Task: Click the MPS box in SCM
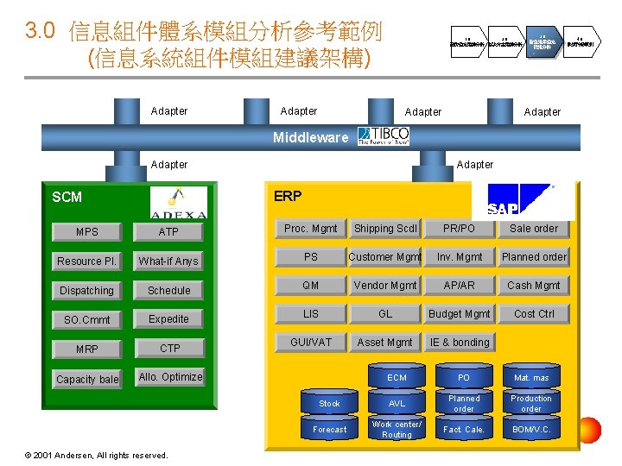[x=86, y=231]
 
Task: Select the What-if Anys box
[x=168, y=261]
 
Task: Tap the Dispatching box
[x=86, y=291]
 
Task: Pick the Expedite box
[x=168, y=318]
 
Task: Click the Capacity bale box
[x=86, y=379]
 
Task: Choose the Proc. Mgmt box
[x=310, y=229]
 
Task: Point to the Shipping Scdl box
[x=384, y=229]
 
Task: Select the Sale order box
[x=533, y=229]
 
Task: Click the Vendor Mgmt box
[x=384, y=286]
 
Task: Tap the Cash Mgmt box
[x=533, y=286]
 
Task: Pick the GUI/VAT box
[x=310, y=342]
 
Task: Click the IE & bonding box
[x=459, y=343]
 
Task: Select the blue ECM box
[x=397, y=378]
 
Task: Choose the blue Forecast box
[x=329, y=429]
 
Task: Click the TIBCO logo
[x=384, y=135]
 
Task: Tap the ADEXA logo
[x=178, y=203]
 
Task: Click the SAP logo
[x=519, y=202]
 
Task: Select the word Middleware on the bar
[x=310, y=137]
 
